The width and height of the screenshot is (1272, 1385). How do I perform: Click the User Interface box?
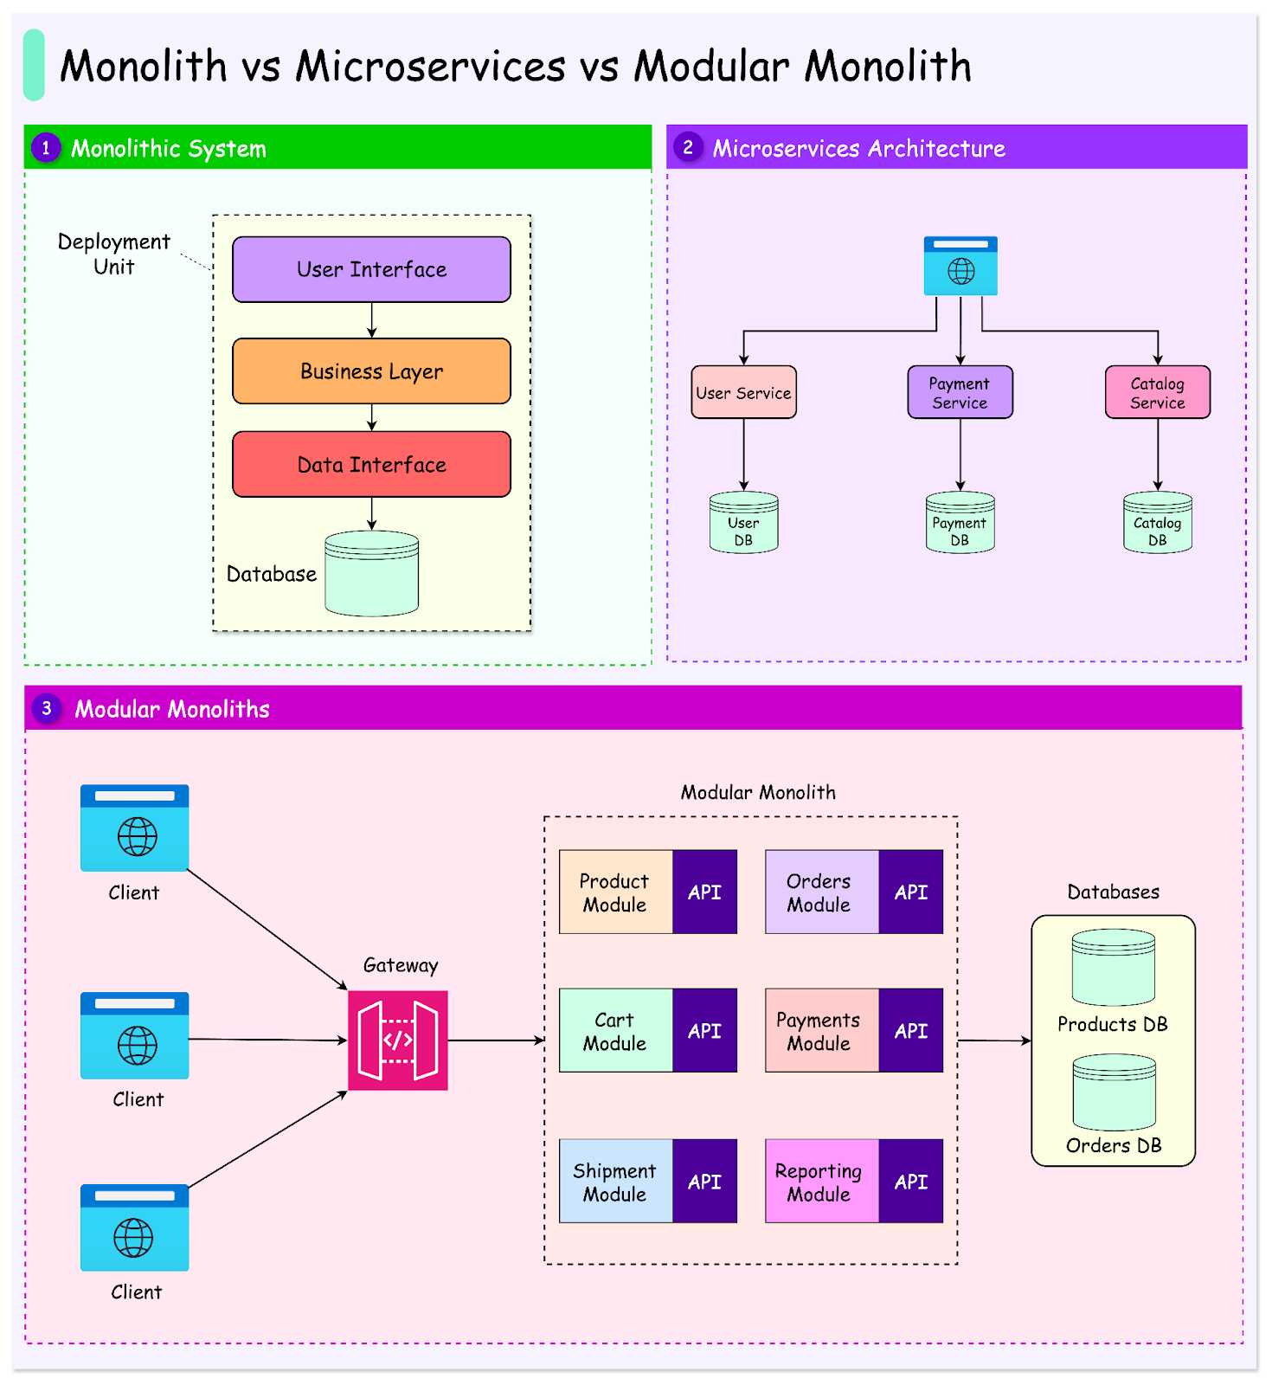(x=371, y=269)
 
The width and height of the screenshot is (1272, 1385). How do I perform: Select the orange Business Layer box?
(x=371, y=371)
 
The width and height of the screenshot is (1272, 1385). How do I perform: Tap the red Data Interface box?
(x=371, y=465)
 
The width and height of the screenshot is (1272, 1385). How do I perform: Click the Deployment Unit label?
(x=113, y=254)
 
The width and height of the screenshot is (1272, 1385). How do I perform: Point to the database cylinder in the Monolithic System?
(x=371, y=574)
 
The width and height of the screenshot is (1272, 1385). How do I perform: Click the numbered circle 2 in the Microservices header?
(x=688, y=147)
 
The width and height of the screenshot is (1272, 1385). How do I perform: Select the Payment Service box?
(x=960, y=392)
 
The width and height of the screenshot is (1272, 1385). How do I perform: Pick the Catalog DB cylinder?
(x=1157, y=523)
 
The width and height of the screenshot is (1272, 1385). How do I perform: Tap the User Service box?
(x=743, y=392)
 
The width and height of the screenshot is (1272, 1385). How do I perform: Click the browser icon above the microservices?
(x=960, y=266)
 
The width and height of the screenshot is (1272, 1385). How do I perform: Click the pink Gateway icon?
(x=398, y=1040)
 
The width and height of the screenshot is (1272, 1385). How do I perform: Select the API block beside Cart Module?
(x=704, y=1031)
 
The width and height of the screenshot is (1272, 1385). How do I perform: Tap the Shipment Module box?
(x=615, y=1182)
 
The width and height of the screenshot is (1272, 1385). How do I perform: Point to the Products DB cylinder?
(x=1113, y=968)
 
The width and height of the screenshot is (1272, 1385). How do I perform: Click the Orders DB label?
(x=1113, y=1145)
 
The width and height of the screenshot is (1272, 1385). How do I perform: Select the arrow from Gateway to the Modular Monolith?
(x=495, y=1040)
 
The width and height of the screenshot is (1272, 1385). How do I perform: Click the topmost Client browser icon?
(x=134, y=828)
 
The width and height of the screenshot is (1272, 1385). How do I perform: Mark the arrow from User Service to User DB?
(x=743, y=454)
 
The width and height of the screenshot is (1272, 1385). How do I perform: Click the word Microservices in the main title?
(x=430, y=67)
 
